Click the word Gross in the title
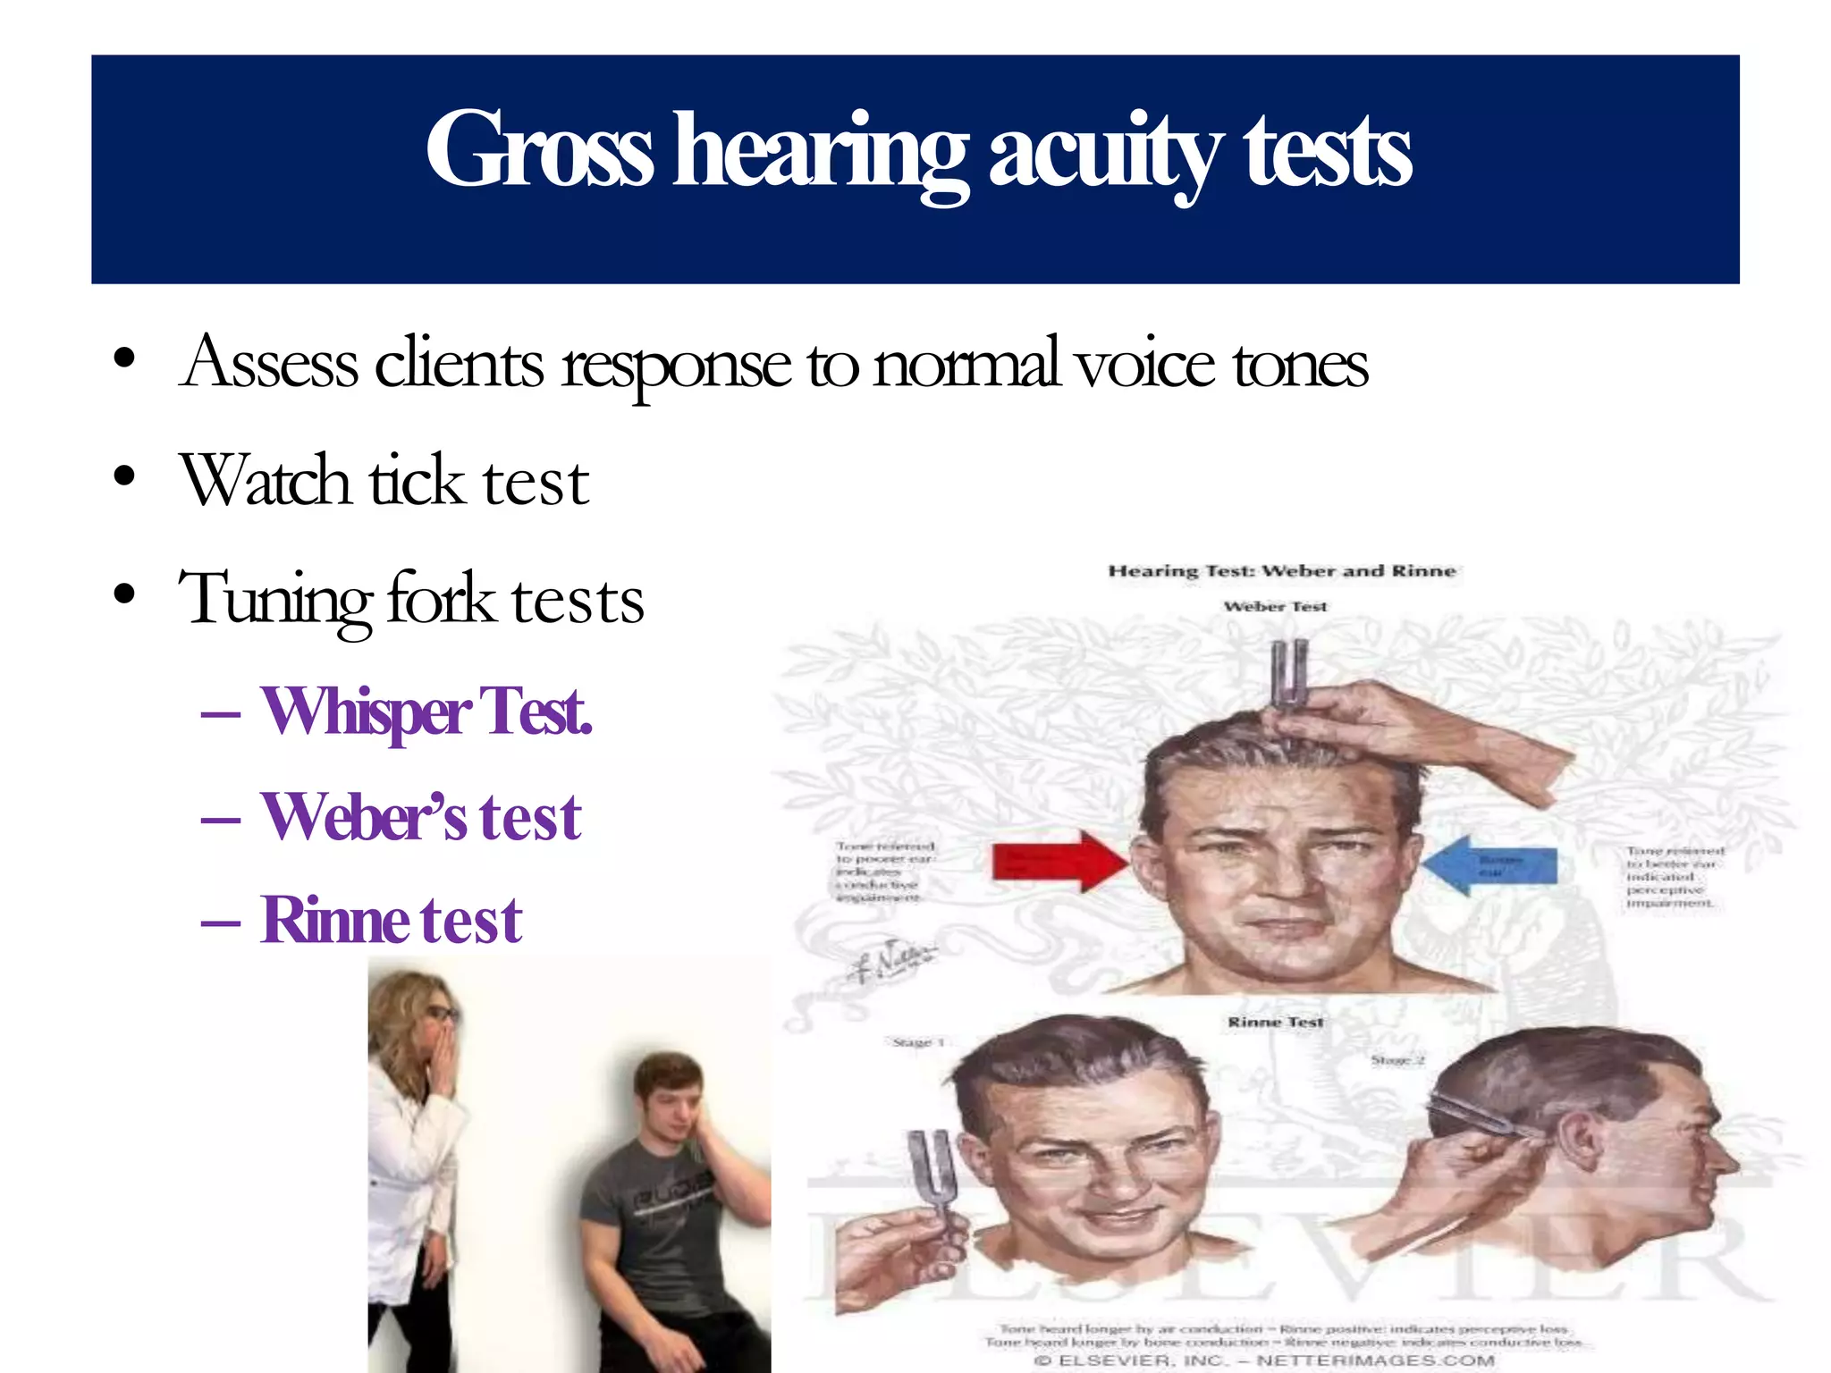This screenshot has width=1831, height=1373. (x=539, y=151)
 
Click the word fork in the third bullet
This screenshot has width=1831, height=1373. (x=440, y=598)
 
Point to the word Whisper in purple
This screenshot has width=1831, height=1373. (x=365, y=712)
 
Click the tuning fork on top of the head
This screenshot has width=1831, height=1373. (x=1287, y=675)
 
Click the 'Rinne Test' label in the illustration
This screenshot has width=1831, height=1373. (x=1275, y=1022)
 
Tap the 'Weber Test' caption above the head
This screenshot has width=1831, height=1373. (x=1275, y=607)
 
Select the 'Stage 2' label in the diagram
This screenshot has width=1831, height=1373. (x=1397, y=1060)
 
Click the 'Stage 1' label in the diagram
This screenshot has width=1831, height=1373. (x=918, y=1042)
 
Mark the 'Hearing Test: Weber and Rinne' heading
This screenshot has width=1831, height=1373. (x=1282, y=571)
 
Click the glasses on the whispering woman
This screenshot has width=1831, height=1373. (x=442, y=1014)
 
